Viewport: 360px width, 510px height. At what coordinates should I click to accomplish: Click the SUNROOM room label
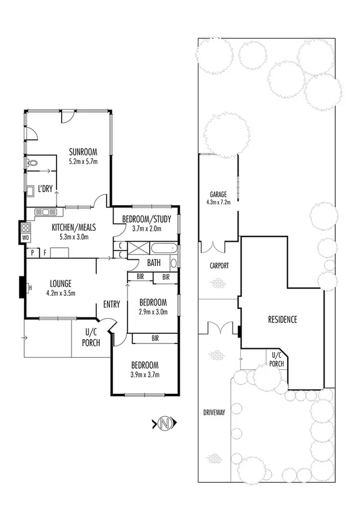pos(83,151)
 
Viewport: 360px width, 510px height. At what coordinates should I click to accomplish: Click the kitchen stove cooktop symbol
pos(26,228)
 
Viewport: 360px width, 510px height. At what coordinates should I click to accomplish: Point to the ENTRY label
pos(112,304)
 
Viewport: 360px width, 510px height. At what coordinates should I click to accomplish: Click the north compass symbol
pos(165,423)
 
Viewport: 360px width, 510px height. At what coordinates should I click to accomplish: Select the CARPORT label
pos(219,265)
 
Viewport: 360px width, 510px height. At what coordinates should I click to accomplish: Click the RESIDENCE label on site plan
pos(282,319)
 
